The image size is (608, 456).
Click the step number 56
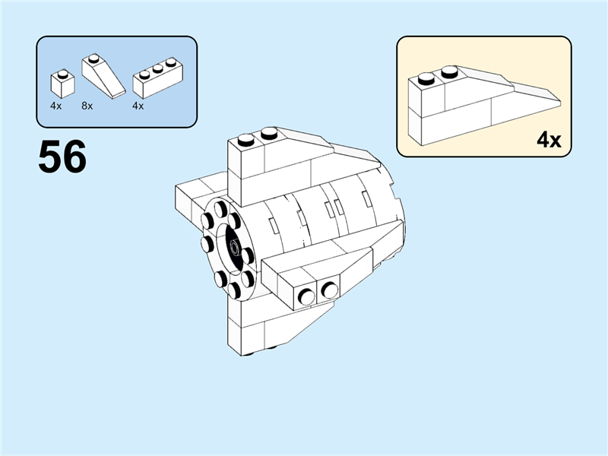(62, 157)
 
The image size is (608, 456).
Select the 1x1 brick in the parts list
(62, 84)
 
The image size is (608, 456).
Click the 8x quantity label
(87, 106)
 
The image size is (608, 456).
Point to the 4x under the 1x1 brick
(55, 106)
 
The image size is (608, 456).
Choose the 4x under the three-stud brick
(138, 106)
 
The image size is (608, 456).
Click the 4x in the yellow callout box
(548, 140)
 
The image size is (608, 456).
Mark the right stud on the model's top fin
(268, 135)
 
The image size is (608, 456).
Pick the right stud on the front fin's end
(329, 290)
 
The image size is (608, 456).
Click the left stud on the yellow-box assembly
(427, 78)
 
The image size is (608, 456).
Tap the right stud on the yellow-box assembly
(450, 72)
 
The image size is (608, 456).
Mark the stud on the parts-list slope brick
(93, 58)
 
